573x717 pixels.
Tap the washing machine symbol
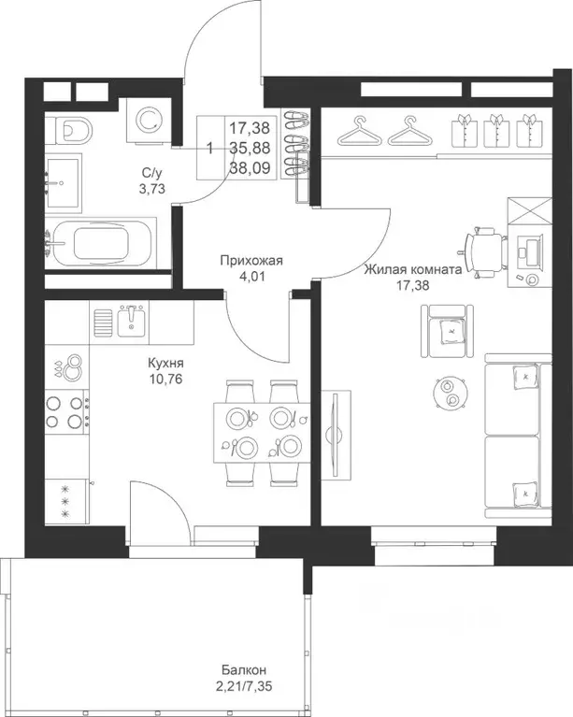pyautogui.click(x=150, y=121)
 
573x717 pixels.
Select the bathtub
pyautogui.click(x=101, y=243)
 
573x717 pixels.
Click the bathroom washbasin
pyautogui.click(x=63, y=183)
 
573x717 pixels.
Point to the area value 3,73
pyautogui.click(x=151, y=188)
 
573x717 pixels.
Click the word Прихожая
pyautogui.click(x=251, y=261)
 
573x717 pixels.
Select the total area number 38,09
pyautogui.click(x=250, y=168)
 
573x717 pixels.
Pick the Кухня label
pyautogui.click(x=165, y=363)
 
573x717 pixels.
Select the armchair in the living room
pyautogui.click(x=447, y=331)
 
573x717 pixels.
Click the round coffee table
pyautogui.click(x=449, y=392)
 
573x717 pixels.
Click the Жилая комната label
pyautogui.click(x=412, y=270)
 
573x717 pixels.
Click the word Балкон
pyautogui.click(x=244, y=670)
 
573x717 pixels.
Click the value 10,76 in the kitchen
pyautogui.click(x=165, y=379)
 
